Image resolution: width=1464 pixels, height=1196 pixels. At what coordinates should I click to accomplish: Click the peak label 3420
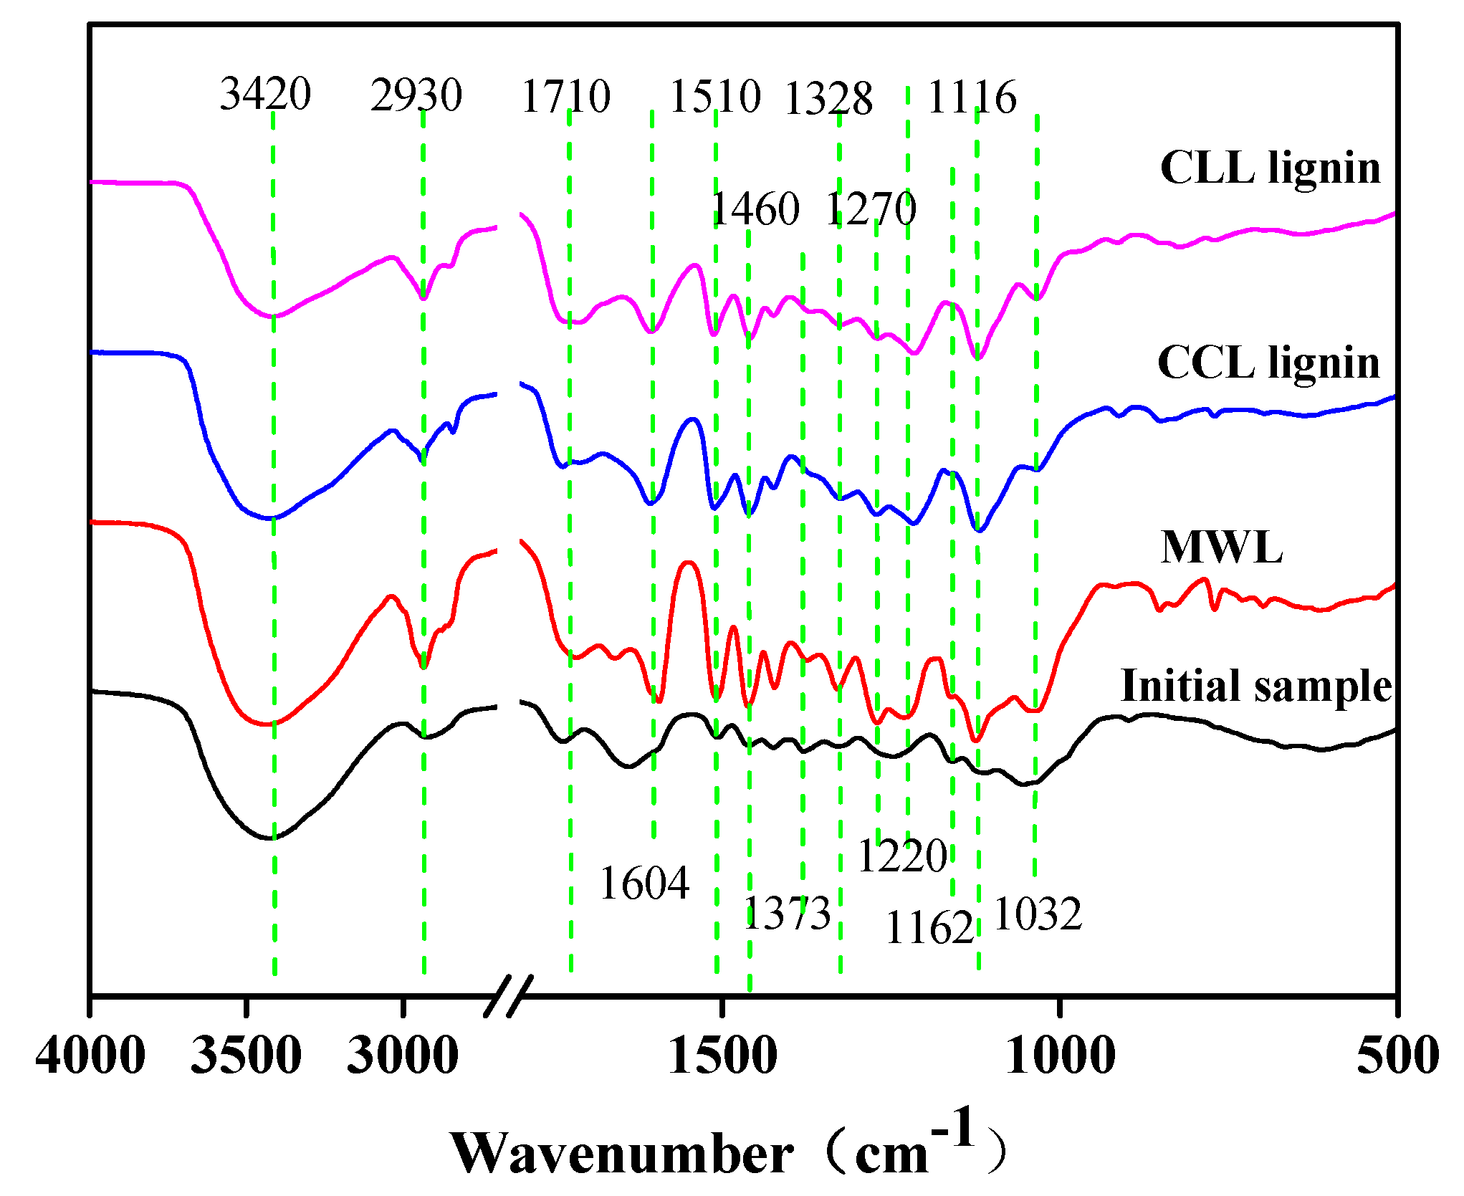265,94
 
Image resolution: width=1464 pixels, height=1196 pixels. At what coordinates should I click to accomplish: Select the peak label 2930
416,95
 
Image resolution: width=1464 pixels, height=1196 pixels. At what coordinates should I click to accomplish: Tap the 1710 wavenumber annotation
565,97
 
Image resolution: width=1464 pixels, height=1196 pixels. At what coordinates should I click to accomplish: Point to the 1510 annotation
714,97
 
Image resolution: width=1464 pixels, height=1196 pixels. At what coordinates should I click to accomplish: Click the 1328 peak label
828,99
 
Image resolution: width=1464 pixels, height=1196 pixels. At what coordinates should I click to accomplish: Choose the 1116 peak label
972,97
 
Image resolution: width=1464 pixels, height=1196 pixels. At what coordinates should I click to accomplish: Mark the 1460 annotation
755,209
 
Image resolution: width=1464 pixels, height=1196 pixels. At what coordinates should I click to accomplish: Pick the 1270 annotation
871,209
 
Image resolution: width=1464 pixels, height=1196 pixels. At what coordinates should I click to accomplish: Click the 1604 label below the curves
644,883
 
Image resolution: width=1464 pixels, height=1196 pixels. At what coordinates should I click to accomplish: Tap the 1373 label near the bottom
787,914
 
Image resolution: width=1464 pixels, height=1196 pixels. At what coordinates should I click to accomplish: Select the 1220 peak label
902,856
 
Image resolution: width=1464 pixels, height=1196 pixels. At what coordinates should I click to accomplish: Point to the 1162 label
929,929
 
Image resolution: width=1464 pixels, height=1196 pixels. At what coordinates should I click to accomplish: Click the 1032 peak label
1038,914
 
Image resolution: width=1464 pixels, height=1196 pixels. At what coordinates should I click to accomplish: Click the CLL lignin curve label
1270,168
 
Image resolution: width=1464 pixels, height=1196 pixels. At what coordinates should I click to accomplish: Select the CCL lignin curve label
1268,363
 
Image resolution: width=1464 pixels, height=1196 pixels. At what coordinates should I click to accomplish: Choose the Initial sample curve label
1255,686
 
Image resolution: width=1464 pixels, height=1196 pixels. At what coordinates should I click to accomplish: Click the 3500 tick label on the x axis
246,1056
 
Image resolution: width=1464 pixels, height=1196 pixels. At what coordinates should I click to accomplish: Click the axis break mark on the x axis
509,996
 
